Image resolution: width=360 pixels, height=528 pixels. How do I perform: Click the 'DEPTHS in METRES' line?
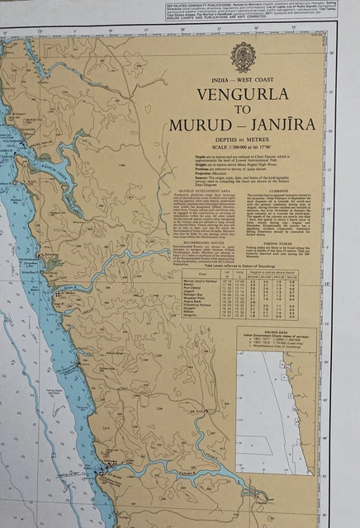(242, 139)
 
